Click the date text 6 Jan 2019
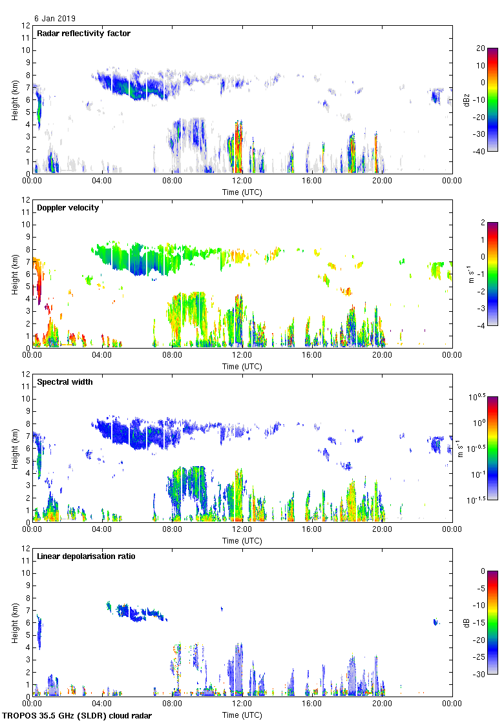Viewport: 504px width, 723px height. (57, 19)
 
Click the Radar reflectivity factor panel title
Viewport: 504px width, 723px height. (84, 33)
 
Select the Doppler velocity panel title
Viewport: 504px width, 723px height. (67, 207)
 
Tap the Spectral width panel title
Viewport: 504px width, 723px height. (65, 382)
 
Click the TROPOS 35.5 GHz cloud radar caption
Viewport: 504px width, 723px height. (77, 716)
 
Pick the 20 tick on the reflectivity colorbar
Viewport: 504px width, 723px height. (479, 48)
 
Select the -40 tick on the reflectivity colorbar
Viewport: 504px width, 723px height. (479, 151)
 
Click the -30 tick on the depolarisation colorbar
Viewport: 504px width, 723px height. (479, 674)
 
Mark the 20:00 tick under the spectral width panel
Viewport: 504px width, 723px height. (382, 530)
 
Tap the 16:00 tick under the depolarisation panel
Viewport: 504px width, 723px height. (312, 704)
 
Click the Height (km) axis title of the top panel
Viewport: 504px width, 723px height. (14, 100)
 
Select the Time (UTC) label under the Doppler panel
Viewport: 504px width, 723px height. (242, 366)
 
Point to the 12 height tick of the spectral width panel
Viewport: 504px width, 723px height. (26, 374)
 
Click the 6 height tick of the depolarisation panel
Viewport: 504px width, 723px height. (28, 623)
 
